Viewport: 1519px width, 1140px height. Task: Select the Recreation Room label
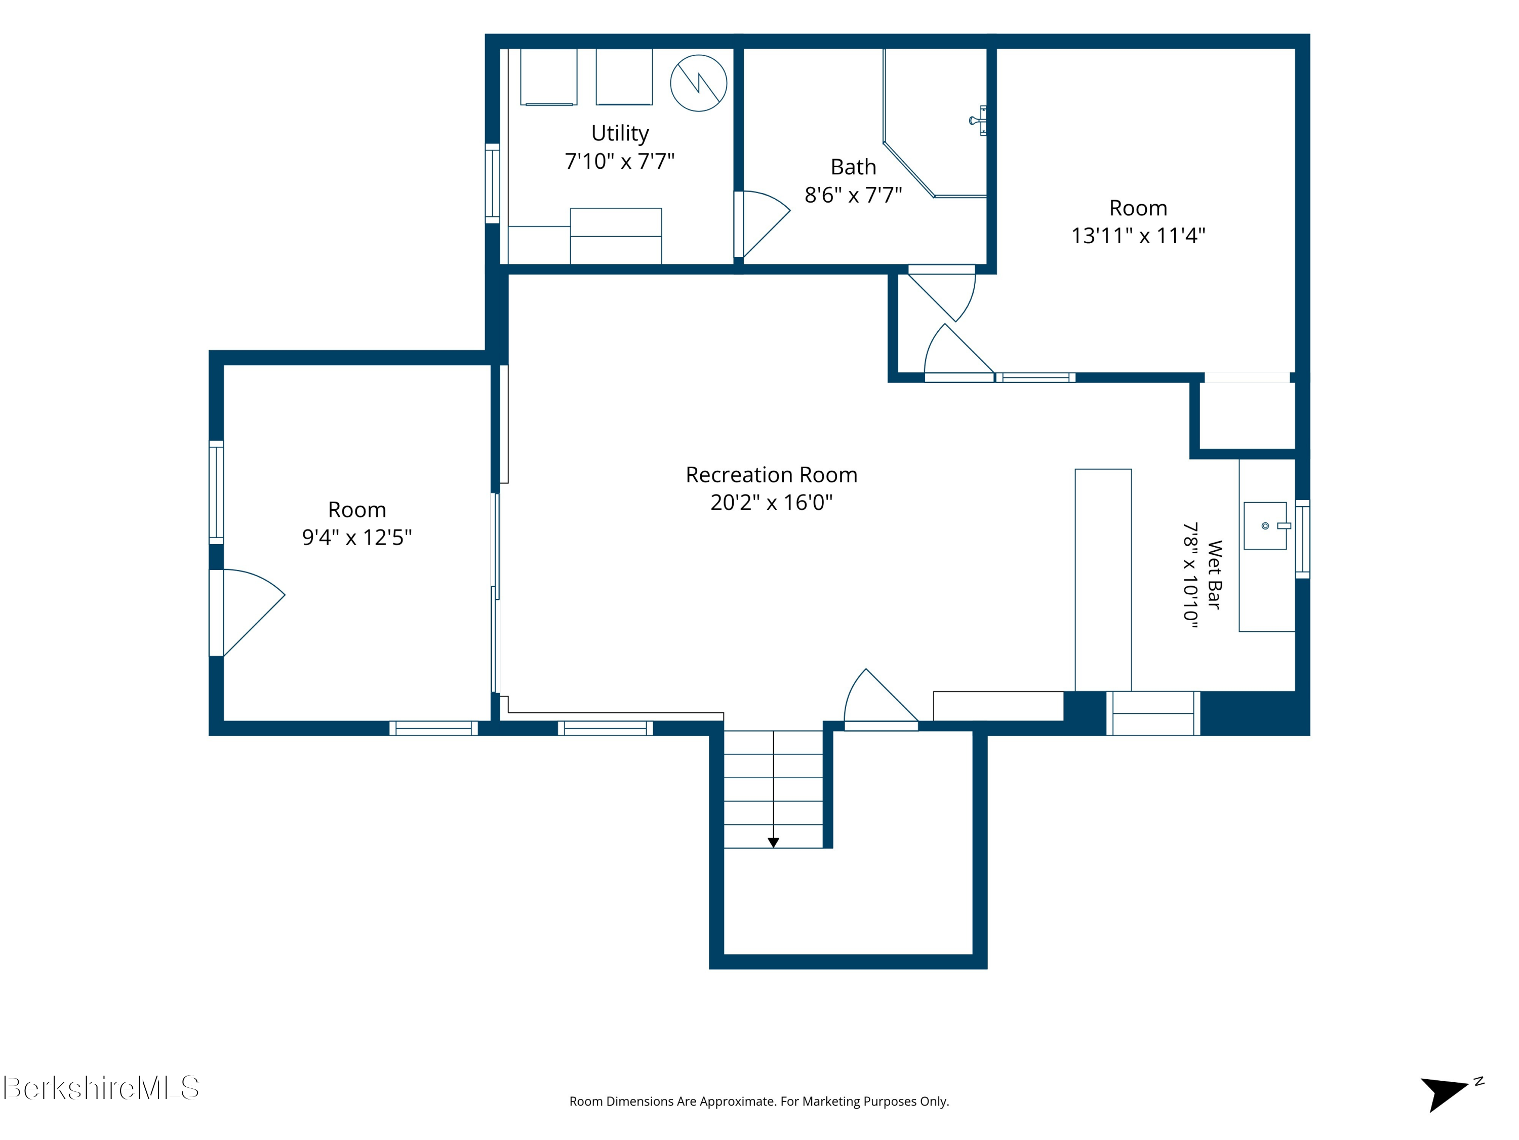coord(771,475)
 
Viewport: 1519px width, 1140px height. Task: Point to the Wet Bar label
coord(1214,575)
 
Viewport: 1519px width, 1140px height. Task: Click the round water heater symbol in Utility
coord(698,83)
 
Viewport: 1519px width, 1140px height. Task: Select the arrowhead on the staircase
coord(773,843)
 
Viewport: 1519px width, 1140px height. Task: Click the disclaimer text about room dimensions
coord(759,1101)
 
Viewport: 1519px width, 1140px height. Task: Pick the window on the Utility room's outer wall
coord(492,183)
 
